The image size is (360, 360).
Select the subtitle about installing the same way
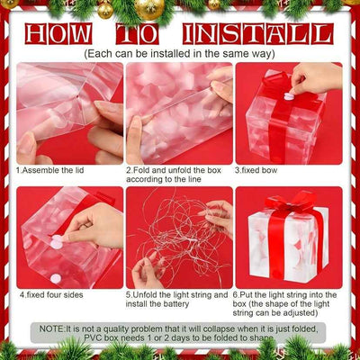click(179, 54)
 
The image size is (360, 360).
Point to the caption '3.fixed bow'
click(257, 169)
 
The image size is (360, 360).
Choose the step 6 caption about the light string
click(286, 304)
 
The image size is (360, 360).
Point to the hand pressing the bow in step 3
click(315, 78)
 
